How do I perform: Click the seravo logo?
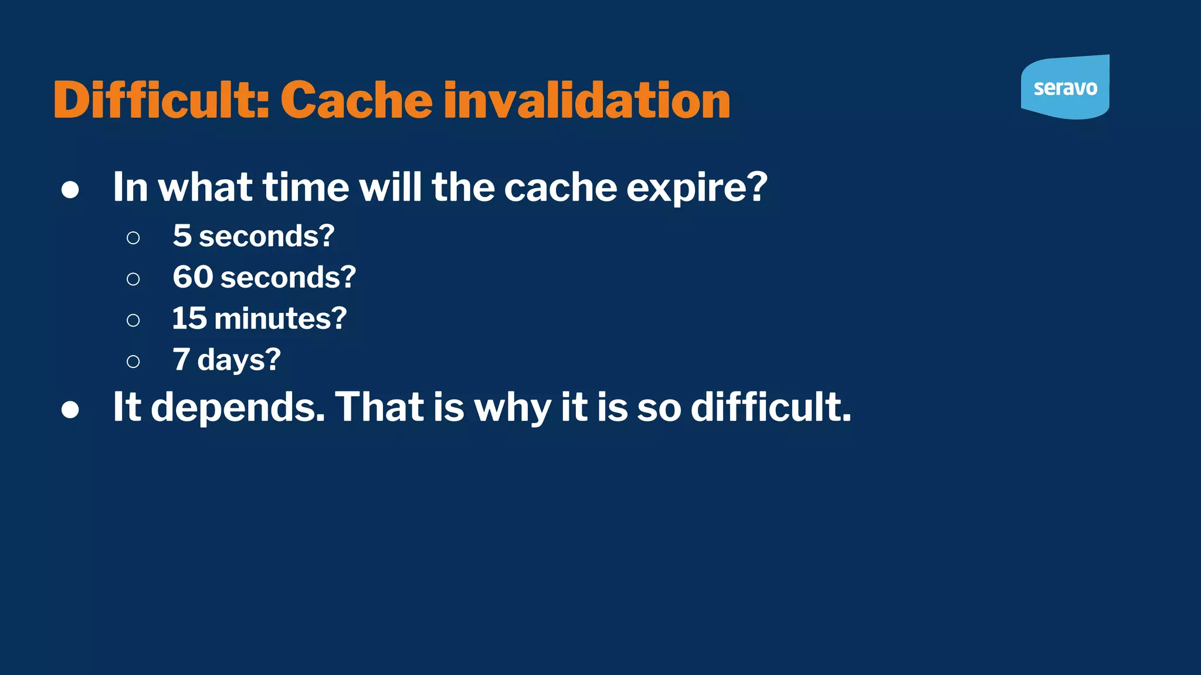[1065, 88]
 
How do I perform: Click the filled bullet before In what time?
[70, 190]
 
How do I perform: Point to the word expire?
[697, 187]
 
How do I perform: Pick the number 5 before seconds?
[182, 236]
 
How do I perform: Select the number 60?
[193, 277]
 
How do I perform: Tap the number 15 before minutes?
[189, 318]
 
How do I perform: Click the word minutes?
[281, 318]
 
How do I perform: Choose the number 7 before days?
[181, 359]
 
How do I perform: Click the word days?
[239, 359]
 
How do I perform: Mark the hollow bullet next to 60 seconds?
[133, 279]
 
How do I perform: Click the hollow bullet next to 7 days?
[133, 362]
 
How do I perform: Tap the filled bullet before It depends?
[70, 410]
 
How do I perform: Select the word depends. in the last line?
[238, 407]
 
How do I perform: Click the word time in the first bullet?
[306, 187]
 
